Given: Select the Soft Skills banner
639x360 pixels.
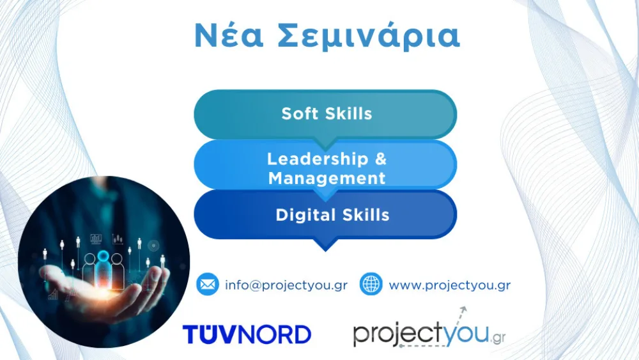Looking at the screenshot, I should coord(326,114).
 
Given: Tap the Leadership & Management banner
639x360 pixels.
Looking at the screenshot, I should coord(326,168).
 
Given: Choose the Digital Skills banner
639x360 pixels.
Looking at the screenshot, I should coord(326,215).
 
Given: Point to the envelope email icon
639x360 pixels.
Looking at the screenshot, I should coord(207,284).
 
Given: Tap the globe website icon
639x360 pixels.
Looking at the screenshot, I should coord(371,284).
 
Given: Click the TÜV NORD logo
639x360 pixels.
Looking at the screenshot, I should coord(247,334).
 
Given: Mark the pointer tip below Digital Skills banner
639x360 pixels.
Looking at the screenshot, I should coord(325,247).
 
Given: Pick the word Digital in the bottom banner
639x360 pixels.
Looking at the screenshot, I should coord(300,215).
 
